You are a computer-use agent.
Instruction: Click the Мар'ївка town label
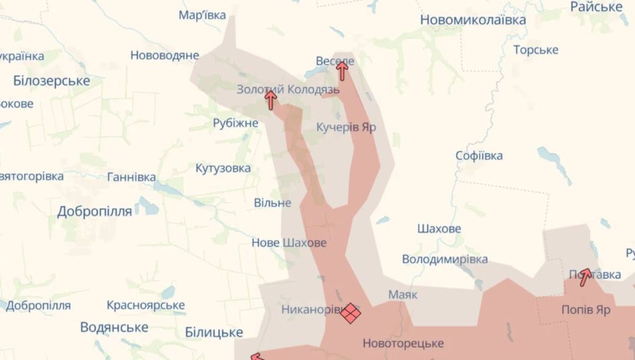coord(202,15)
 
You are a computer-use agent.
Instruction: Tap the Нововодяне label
coord(165,55)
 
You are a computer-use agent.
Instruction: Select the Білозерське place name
coord(51,81)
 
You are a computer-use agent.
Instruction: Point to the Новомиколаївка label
coord(473,20)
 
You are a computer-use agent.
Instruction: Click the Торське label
coord(536,50)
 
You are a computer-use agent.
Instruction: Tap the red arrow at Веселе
coord(342,70)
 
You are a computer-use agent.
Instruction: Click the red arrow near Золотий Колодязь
coord(271,100)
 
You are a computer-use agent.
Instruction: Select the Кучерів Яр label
coord(346,127)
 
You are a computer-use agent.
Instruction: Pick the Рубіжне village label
coord(235,123)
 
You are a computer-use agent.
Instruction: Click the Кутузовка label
coord(223,168)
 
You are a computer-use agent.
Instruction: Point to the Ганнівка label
coord(131,177)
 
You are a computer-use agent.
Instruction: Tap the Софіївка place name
coord(479,156)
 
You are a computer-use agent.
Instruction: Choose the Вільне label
coord(273,203)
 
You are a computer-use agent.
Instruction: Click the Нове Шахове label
coord(289,243)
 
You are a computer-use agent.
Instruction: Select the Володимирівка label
coord(444,259)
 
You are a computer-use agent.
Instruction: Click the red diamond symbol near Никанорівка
coord(350,312)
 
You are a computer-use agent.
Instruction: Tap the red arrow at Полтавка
coord(584,276)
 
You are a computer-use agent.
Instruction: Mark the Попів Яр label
coord(586,310)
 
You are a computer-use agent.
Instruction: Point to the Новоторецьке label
coord(403,344)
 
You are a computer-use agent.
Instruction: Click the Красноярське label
coord(146,305)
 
